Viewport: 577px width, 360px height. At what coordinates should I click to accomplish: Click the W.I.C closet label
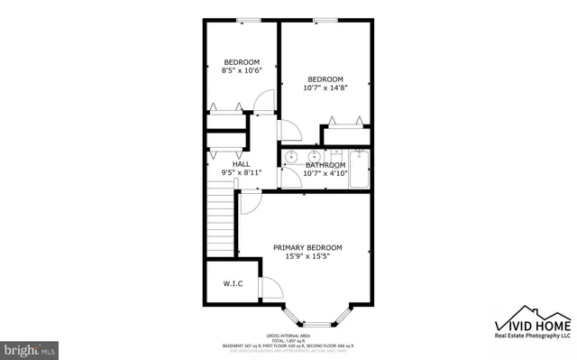pyautogui.click(x=233, y=284)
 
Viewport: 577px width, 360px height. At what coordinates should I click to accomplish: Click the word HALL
pyautogui.click(x=229, y=164)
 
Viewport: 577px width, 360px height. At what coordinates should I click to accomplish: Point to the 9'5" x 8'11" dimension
pyautogui.click(x=229, y=173)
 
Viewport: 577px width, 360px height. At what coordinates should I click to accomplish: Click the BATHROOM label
pyautogui.click(x=325, y=165)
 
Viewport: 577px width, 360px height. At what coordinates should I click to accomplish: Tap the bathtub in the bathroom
pyautogui.click(x=360, y=168)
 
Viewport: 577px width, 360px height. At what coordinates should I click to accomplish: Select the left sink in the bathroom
pyautogui.click(x=291, y=157)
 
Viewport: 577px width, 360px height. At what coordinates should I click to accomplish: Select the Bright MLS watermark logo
pyautogui.click(x=30, y=346)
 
